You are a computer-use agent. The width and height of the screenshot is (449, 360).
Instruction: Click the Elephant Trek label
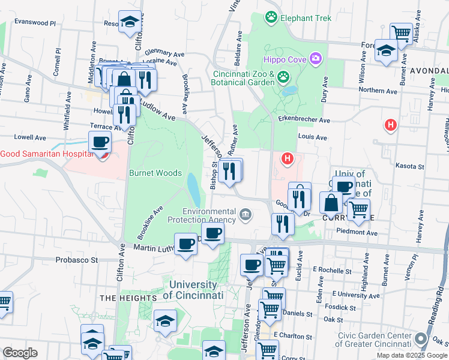coord(306,19)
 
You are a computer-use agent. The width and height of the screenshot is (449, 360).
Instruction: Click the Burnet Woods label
coord(155,173)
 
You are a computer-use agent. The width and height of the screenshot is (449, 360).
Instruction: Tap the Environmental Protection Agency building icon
coord(246,214)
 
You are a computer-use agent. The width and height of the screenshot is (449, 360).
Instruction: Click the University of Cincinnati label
coord(193,290)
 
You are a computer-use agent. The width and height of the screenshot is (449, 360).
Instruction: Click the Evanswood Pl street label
coord(35,22)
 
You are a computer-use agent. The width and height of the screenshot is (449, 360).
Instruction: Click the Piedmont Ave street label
coord(357,232)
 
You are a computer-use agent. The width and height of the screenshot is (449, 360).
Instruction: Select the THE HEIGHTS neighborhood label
coord(128,298)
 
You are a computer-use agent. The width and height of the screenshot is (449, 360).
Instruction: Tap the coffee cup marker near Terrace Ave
coord(100,142)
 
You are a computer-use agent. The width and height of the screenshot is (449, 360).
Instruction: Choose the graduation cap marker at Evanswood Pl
coord(130,22)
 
